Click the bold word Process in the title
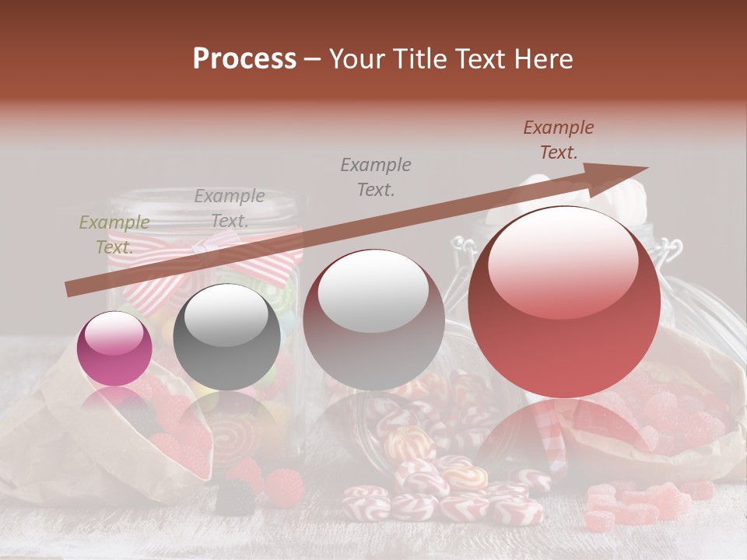244,59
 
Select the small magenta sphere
114,348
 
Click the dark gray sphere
226,337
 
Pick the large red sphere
564,303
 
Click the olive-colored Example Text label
114,235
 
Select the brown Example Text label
558,140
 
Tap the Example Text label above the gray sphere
230,208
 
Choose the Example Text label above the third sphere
376,177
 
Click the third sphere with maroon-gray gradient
373,320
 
